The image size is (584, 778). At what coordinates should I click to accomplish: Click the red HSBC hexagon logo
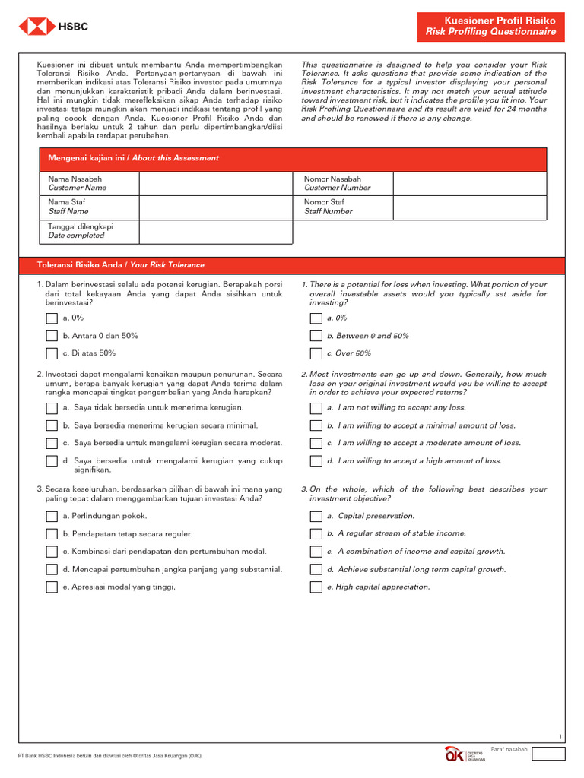click(x=33, y=27)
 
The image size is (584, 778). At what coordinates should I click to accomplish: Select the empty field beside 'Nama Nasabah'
click(x=215, y=183)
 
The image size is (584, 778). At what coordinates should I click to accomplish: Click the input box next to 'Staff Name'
click(x=215, y=207)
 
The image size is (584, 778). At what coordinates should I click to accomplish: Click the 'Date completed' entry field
click(x=215, y=232)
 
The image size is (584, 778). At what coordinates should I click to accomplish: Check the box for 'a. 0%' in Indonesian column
click(x=52, y=318)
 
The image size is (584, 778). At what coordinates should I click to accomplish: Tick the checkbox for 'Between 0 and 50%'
click(x=316, y=336)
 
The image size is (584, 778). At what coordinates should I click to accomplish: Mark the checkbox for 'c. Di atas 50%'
click(x=52, y=353)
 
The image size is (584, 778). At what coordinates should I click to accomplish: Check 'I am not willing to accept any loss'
click(x=316, y=408)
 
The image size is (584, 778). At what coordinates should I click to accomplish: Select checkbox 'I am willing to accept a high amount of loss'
click(x=316, y=461)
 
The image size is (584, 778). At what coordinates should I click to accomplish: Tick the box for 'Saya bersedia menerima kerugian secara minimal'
click(x=52, y=425)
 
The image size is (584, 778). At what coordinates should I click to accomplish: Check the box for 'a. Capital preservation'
click(x=316, y=517)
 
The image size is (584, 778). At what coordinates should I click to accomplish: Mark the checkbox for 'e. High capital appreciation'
click(x=316, y=587)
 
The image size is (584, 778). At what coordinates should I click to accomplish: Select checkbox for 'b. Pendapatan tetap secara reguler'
click(x=52, y=534)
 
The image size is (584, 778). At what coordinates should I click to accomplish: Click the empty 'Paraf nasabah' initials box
click(x=548, y=754)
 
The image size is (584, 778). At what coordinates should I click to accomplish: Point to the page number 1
click(x=560, y=737)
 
